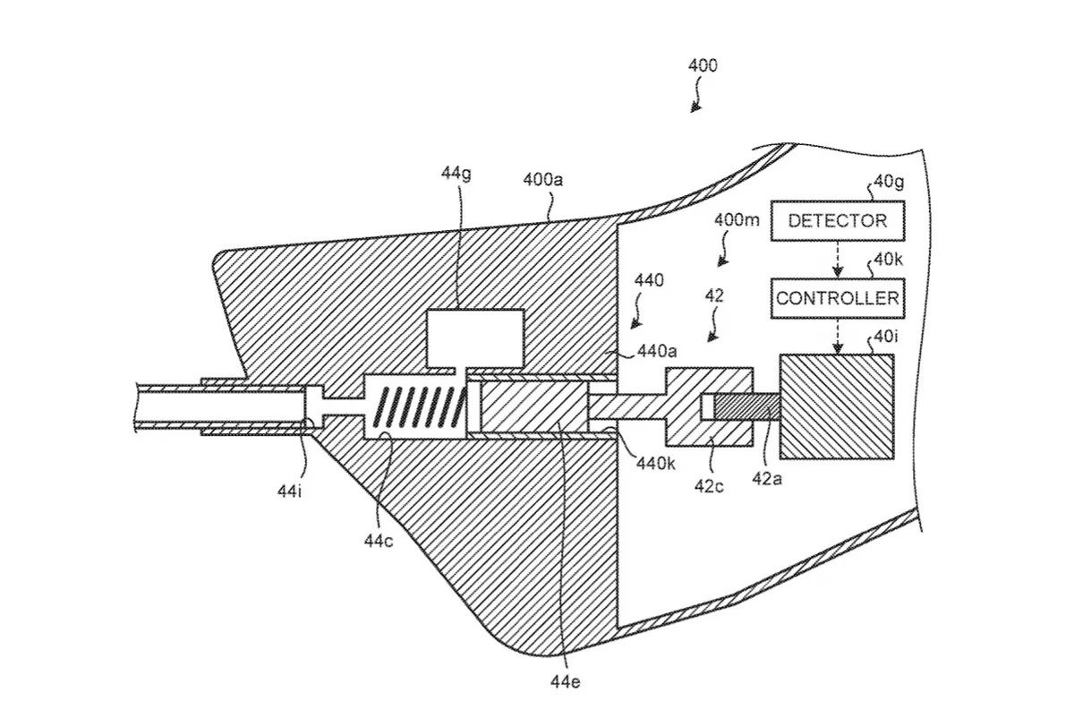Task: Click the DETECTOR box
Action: point(838,220)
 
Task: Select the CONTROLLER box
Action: point(838,298)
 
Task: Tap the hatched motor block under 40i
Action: point(837,406)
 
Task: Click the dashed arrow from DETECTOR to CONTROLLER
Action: point(838,260)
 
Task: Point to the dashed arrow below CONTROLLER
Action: point(838,337)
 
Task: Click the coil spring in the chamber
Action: point(422,406)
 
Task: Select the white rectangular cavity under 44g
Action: point(474,338)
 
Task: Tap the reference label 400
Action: point(703,65)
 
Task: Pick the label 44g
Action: point(456,174)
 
